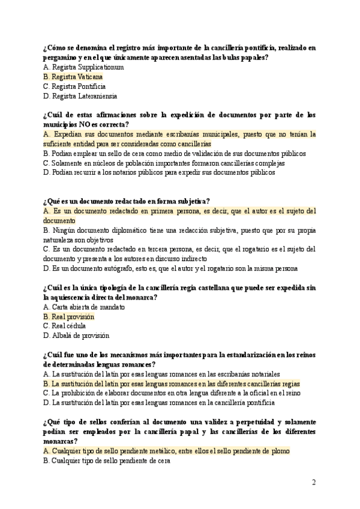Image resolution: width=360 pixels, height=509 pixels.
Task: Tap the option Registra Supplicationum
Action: [83, 67]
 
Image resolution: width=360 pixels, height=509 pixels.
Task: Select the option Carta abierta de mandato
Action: [84, 307]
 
